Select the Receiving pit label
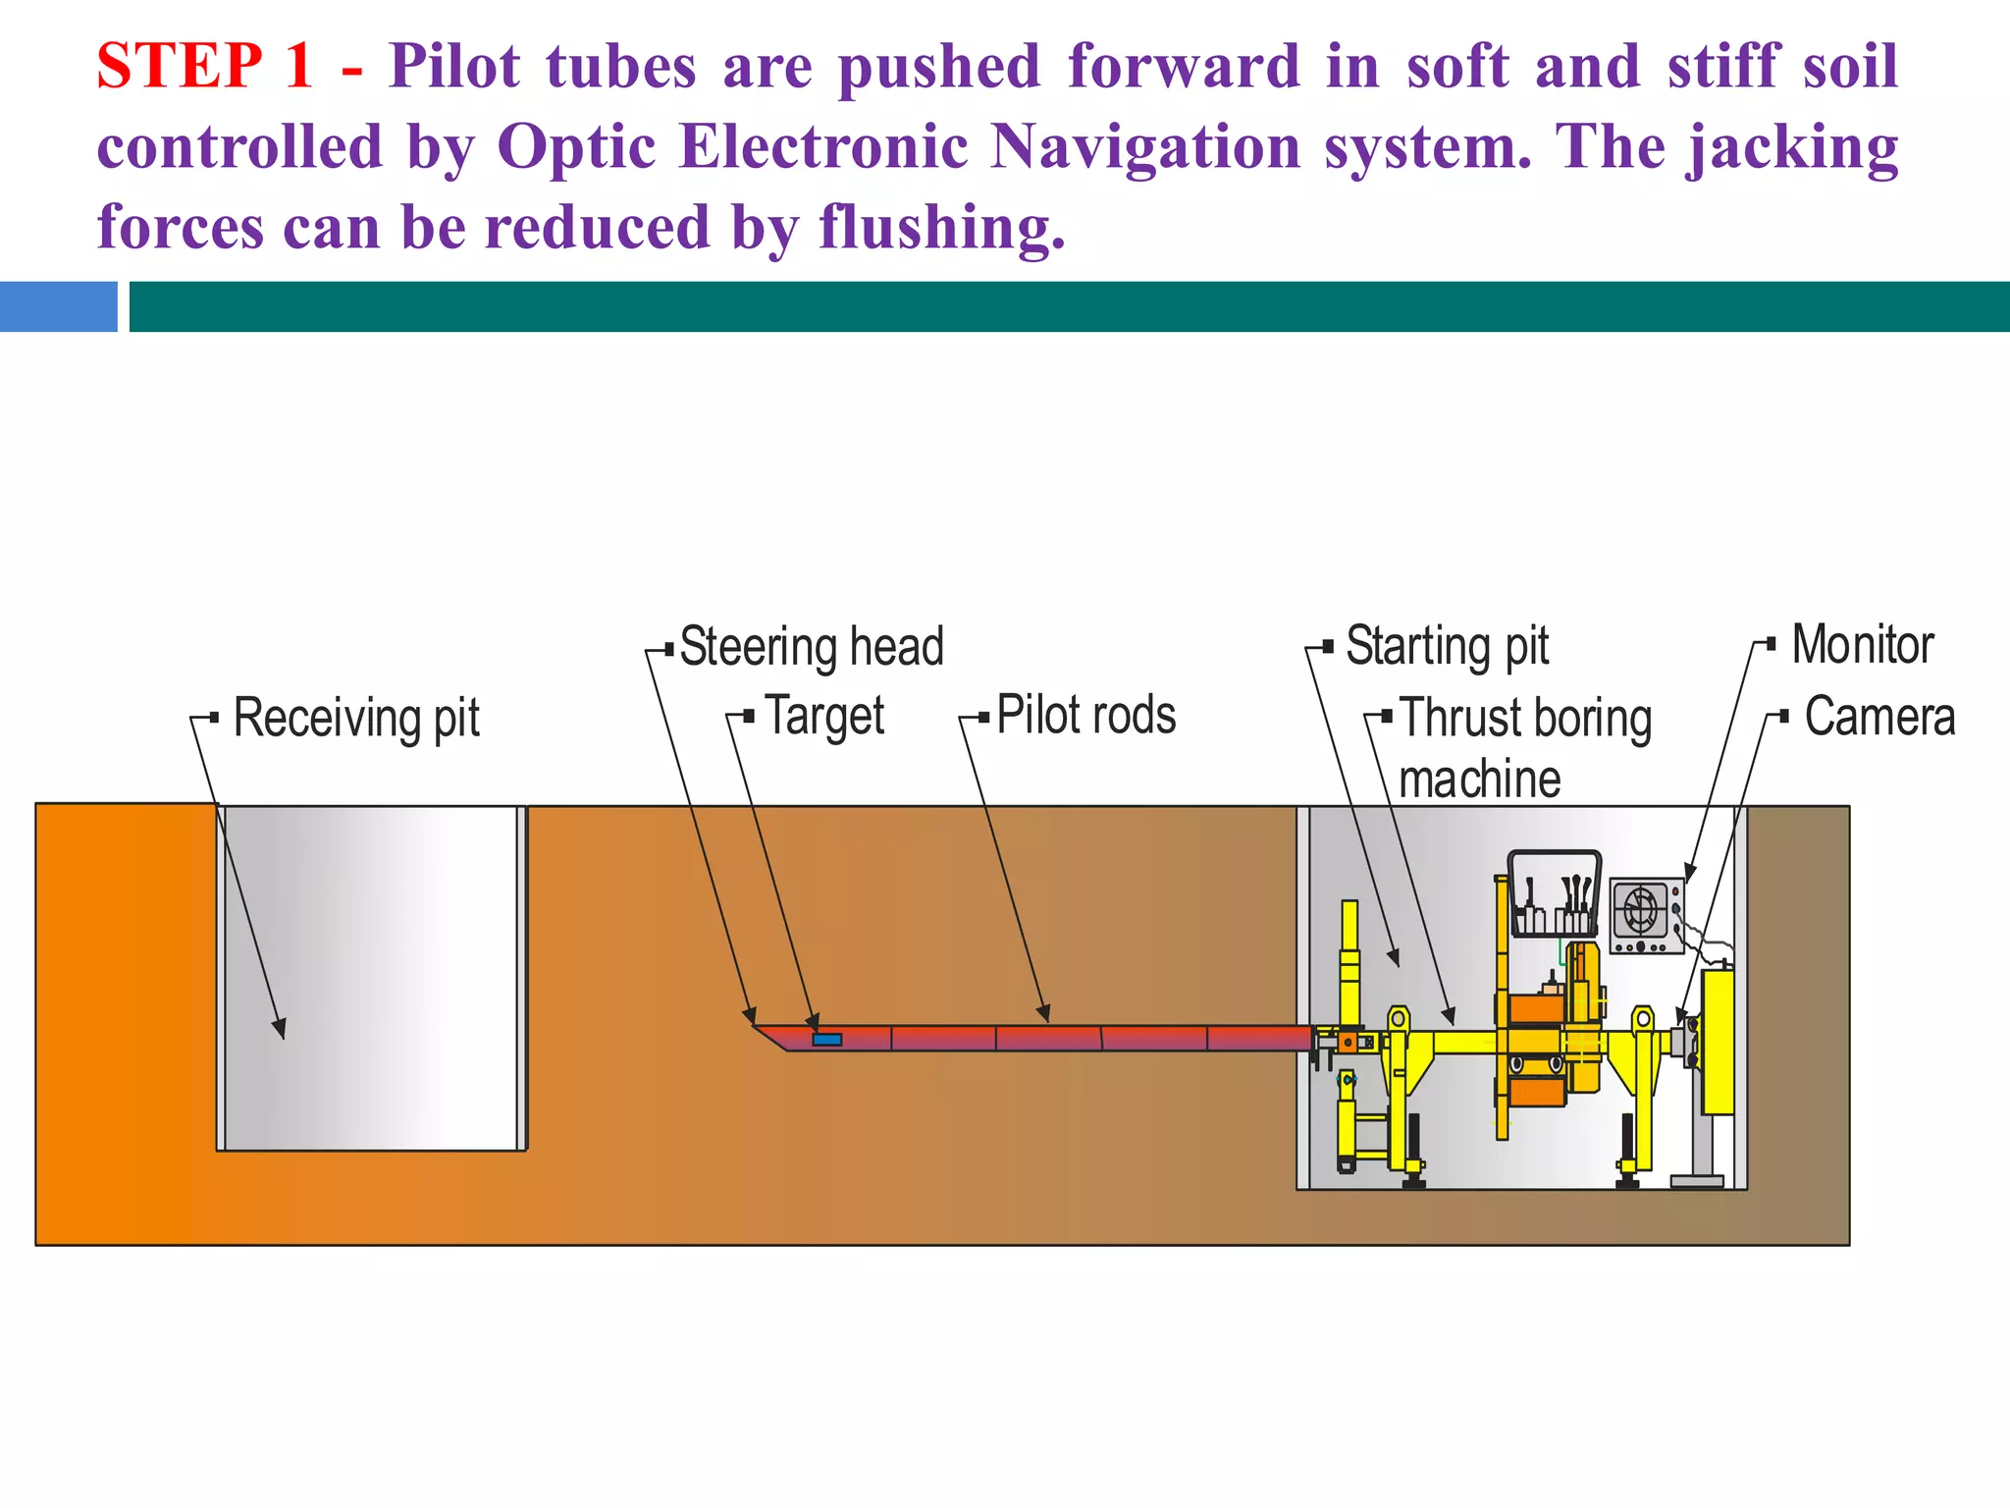point(355,718)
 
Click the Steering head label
point(811,647)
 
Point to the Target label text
point(823,716)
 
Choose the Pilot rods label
point(1085,715)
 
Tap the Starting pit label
point(1447,646)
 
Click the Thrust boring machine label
point(1525,748)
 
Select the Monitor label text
point(1862,645)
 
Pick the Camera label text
point(1878,717)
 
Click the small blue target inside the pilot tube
point(826,1039)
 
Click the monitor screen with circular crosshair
point(1641,909)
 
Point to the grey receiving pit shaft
point(371,977)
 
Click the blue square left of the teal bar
point(58,306)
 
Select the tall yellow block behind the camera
point(1718,1041)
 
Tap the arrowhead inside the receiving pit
point(281,1029)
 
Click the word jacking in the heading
point(1792,147)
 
